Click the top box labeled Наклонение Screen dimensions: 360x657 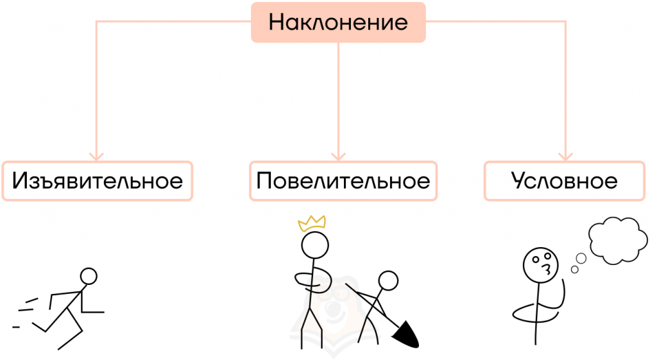[x=338, y=22]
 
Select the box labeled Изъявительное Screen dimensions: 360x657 [x=97, y=181]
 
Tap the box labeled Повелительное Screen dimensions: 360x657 [x=343, y=181]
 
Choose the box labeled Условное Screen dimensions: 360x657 [x=564, y=181]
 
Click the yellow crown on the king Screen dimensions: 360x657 [x=312, y=223]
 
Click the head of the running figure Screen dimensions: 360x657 [x=89, y=277]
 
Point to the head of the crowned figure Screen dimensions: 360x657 [x=315, y=244]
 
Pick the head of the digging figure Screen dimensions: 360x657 [x=388, y=280]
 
